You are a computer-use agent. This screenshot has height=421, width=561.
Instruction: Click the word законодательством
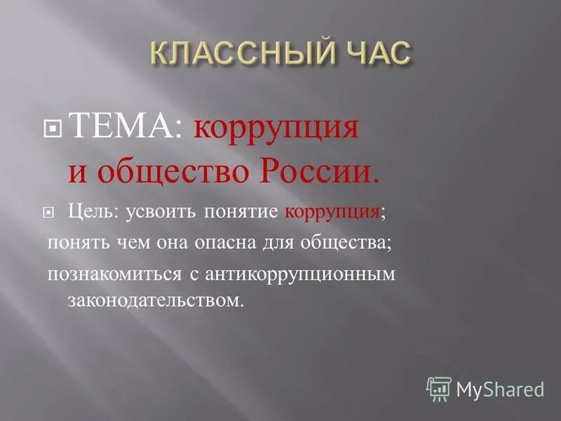click(155, 301)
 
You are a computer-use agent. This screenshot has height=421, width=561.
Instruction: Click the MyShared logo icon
click(439, 388)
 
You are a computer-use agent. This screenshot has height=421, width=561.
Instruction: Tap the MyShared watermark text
click(500, 389)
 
